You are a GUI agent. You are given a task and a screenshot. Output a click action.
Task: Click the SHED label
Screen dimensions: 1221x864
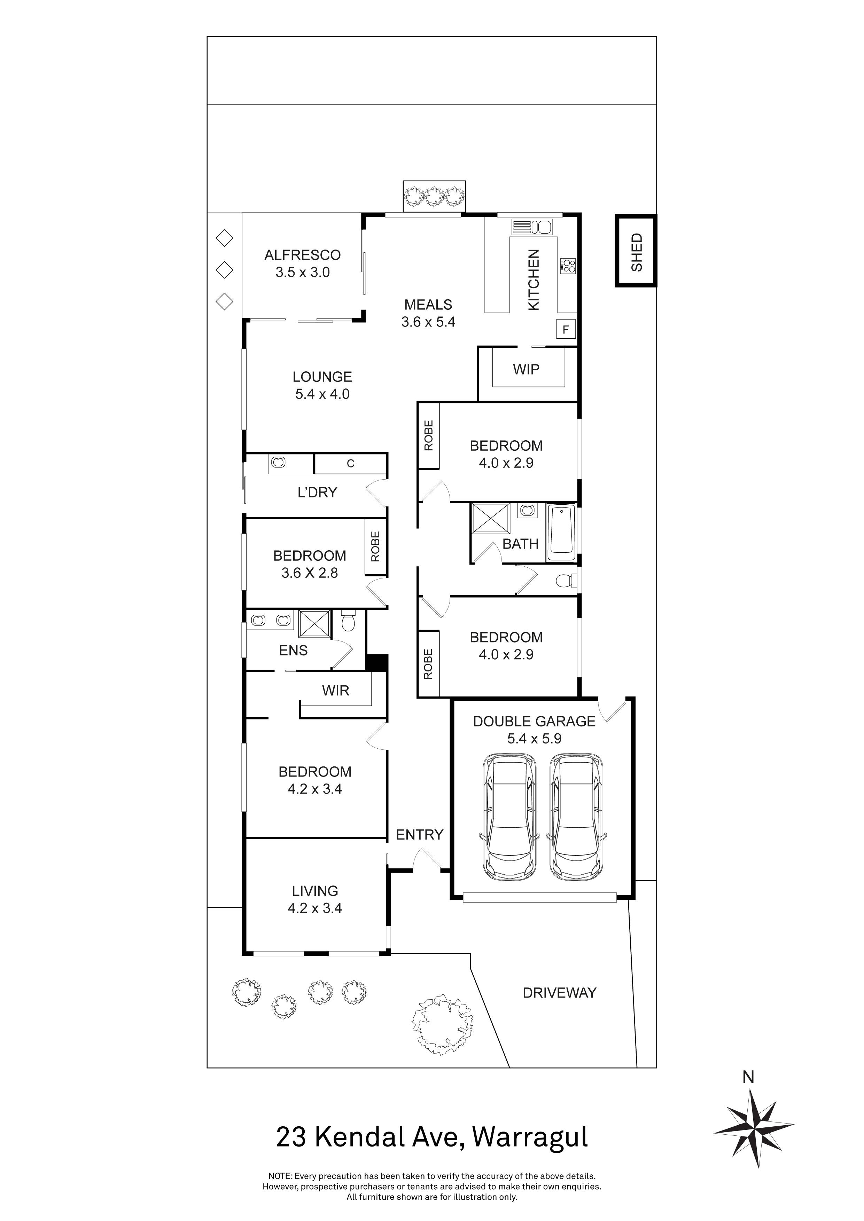(636, 252)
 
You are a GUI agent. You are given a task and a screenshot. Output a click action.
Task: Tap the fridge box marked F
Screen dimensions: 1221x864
(566, 330)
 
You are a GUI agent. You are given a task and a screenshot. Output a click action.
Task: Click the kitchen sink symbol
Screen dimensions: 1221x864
(532, 227)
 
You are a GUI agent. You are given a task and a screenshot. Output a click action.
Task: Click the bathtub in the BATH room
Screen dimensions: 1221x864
(561, 533)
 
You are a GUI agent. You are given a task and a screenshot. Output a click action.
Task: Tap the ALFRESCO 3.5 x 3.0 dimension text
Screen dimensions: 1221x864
(302, 272)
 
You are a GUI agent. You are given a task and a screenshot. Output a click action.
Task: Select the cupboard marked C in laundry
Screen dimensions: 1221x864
(350, 464)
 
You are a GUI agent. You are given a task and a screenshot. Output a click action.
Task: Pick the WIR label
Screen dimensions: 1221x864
(335, 691)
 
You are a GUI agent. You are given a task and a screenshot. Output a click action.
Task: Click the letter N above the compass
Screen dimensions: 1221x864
(748, 1077)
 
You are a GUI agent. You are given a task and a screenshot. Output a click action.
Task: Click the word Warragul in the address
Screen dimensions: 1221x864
(530, 1137)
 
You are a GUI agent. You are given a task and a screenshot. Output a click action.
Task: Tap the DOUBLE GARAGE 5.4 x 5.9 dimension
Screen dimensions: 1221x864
(534, 739)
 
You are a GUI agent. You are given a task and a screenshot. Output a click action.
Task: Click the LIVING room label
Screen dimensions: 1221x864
(314, 891)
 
